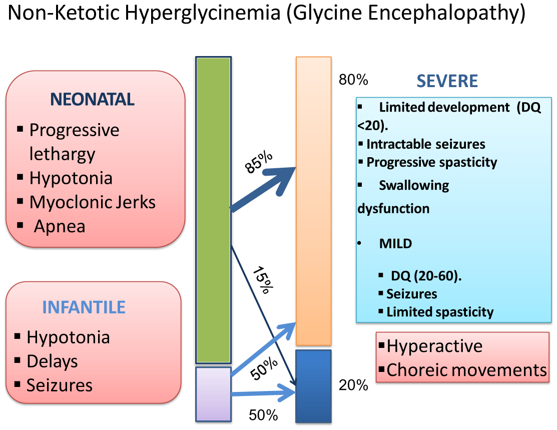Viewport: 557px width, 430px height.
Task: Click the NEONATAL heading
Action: point(92,100)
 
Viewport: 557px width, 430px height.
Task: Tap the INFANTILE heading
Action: point(84,306)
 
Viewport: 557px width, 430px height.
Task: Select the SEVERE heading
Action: point(447,81)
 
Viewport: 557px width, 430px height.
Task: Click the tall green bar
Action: point(213,210)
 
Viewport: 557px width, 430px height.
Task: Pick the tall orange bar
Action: point(314,200)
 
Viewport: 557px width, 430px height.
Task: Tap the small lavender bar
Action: point(213,393)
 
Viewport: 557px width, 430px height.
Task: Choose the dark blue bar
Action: point(314,386)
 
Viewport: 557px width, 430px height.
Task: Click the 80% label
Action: point(353,80)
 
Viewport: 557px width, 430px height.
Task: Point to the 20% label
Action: point(353,385)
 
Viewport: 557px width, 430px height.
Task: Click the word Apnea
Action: point(60,226)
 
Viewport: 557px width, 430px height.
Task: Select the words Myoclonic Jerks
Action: point(93,202)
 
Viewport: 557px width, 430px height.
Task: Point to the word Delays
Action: point(52,361)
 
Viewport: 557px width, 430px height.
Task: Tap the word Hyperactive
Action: point(434,346)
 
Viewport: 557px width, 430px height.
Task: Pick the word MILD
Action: point(395,244)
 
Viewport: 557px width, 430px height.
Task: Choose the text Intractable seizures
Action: point(426,144)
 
